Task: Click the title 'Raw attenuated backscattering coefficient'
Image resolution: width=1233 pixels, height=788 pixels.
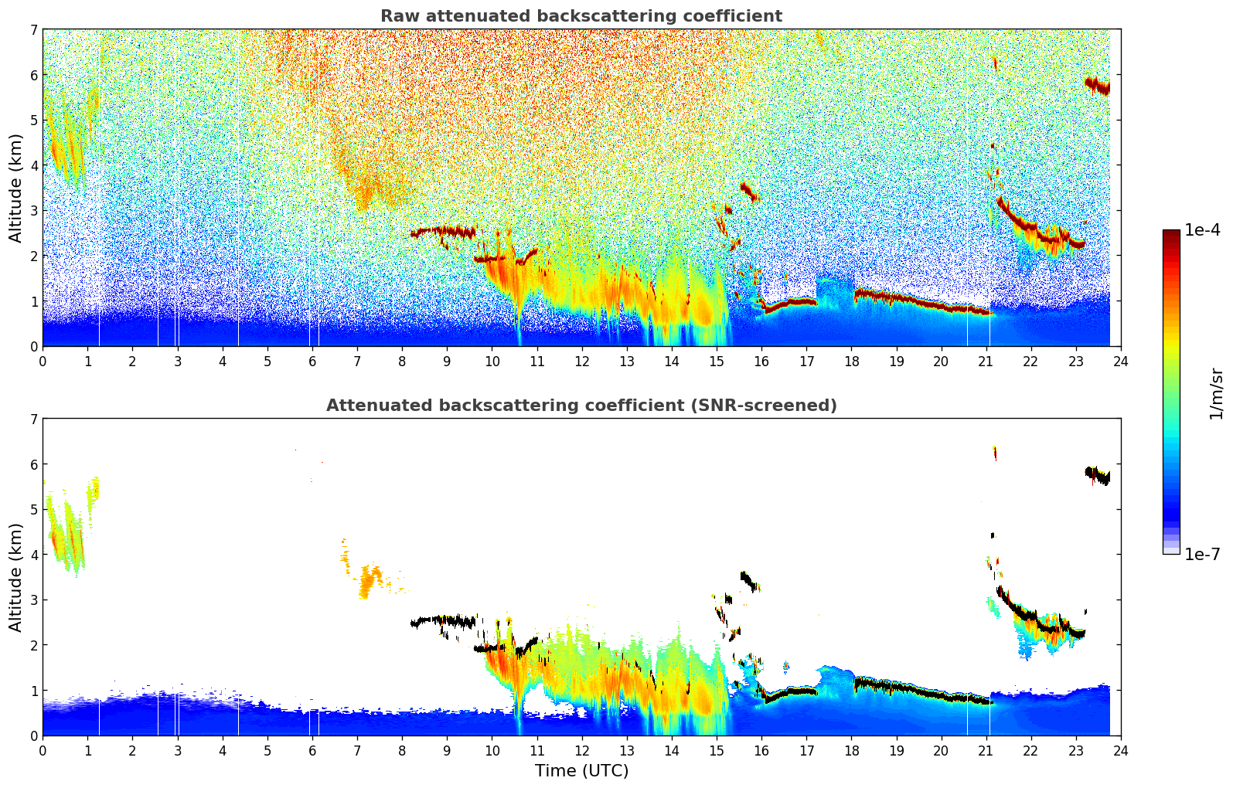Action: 581,16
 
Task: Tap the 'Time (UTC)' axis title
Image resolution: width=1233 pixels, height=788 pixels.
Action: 581,770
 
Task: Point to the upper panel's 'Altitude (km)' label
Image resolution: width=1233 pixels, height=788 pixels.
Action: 15,188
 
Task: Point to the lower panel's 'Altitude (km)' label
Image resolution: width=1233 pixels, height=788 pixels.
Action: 15,577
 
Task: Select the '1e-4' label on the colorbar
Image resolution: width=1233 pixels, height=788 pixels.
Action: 1202,230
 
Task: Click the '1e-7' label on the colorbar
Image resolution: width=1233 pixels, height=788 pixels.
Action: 1202,554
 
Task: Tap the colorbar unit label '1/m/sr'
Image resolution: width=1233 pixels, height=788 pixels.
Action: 1216,392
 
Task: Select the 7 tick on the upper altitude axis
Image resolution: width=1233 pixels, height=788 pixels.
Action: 33,30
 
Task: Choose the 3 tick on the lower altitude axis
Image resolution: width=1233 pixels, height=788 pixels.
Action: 33,600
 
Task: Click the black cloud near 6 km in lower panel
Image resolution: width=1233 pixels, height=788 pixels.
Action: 1097,475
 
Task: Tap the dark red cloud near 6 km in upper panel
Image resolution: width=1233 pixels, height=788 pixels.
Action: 1097,85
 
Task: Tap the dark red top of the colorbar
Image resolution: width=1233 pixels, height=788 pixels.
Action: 1171,233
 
